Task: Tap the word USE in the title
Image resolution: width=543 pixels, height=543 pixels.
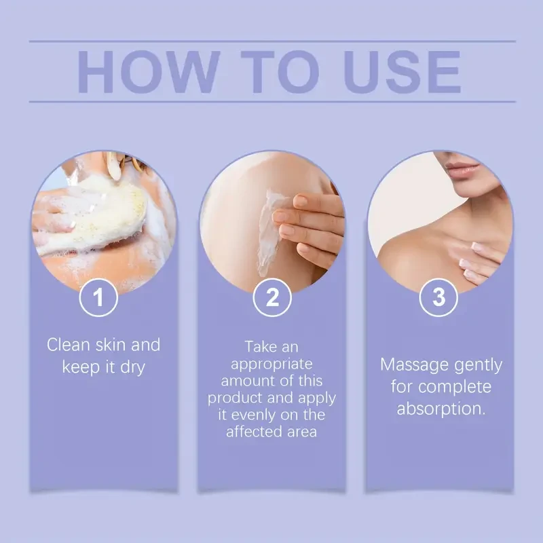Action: tap(395, 71)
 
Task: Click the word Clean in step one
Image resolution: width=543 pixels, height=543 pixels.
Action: tap(69, 345)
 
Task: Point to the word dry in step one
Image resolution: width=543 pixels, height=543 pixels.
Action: tap(132, 367)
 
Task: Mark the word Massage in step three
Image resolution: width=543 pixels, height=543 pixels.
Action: tap(411, 364)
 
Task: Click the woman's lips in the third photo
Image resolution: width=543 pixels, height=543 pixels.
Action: tap(464, 167)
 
